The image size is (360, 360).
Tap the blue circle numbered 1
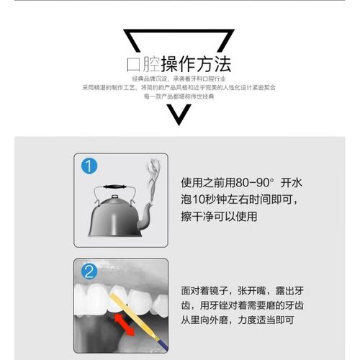pyautogui.click(x=89, y=167)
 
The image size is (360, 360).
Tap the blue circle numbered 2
pyautogui.click(x=89, y=272)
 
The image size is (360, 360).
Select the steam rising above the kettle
pyautogui.click(x=153, y=176)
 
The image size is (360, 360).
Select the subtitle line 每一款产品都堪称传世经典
pyautogui.click(x=179, y=95)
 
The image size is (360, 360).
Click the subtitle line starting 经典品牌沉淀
pyautogui.click(x=179, y=77)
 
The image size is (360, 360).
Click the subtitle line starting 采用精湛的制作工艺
pyautogui.click(x=179, y=86)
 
